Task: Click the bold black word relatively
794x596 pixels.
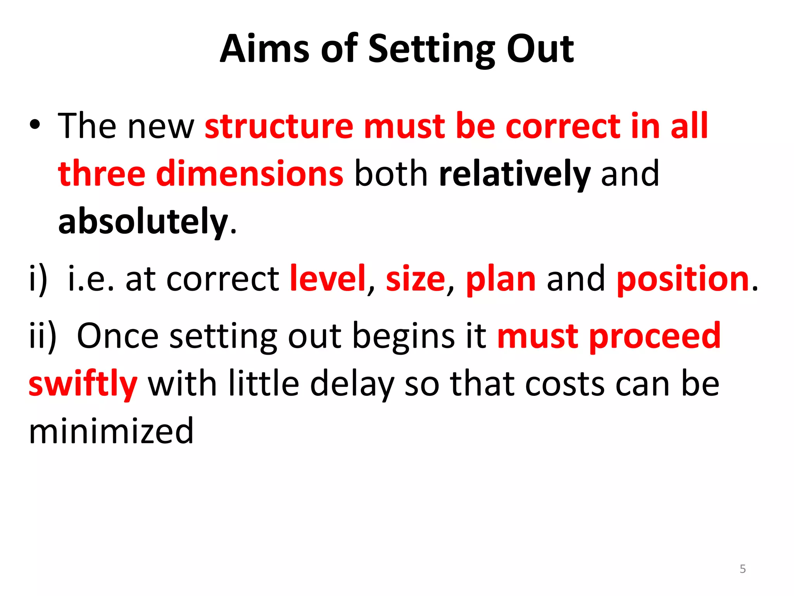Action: coord(515,174)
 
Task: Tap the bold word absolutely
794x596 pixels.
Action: coord(143,222)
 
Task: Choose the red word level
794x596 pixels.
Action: coord(328,279)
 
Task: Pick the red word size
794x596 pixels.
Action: coord(415,279)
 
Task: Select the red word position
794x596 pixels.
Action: coord(683,279)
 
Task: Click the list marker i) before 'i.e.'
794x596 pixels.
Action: coord(38,279)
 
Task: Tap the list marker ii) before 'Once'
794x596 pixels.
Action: coord(43,336)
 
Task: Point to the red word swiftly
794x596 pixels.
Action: coord(83,384)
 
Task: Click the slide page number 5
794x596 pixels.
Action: coord(742,569)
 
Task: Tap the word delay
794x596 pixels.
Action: coord(352,384)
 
